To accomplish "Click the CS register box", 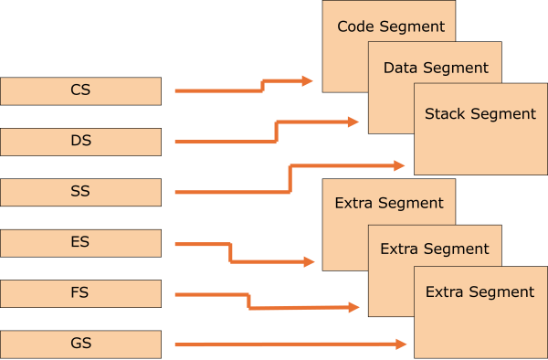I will click(x=80, y=90).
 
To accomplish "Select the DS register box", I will click(x=80, y=142).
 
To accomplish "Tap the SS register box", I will click(x=80, y=193).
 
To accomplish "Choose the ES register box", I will click(x=80, y=243).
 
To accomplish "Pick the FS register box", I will click(x=80, y=293).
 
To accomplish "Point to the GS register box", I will click(x=80, y=344).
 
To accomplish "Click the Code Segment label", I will click(x=391, y=26).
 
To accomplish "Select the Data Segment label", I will click(x=436, y=68).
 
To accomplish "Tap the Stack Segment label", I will click(x=480, y=114).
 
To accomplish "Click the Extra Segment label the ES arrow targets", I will click(x=389, y=203).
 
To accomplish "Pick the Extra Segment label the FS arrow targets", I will click(x=435, y=249).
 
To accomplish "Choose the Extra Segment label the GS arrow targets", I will click(x=480, y=292).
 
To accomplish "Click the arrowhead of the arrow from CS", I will click(x=308, y=80).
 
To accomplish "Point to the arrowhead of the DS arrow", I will click(x=353, y=122).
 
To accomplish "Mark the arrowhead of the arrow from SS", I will click(x=399, y=165).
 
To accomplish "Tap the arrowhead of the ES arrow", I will click(x=309, y=261).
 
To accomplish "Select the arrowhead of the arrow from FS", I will click(x=353, y=307).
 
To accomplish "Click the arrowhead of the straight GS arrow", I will click(x=400, y=344).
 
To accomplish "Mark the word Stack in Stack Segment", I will click(x=446, y=114).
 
